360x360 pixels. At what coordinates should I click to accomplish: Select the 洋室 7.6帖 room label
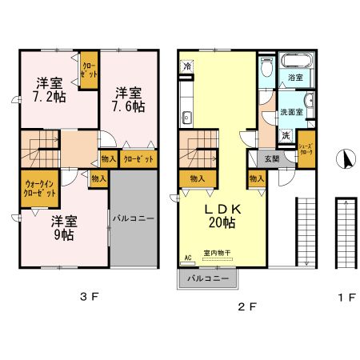[x=127, y=98]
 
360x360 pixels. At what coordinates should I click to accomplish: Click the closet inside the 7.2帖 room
[x=89, y=69]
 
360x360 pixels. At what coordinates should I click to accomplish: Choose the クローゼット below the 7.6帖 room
[x=138, y=158]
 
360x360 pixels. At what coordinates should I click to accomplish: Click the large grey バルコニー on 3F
[x=133, y=217]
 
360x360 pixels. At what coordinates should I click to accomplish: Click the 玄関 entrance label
[x=272, y=158]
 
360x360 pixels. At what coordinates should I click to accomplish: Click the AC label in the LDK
[x=188, y=258]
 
